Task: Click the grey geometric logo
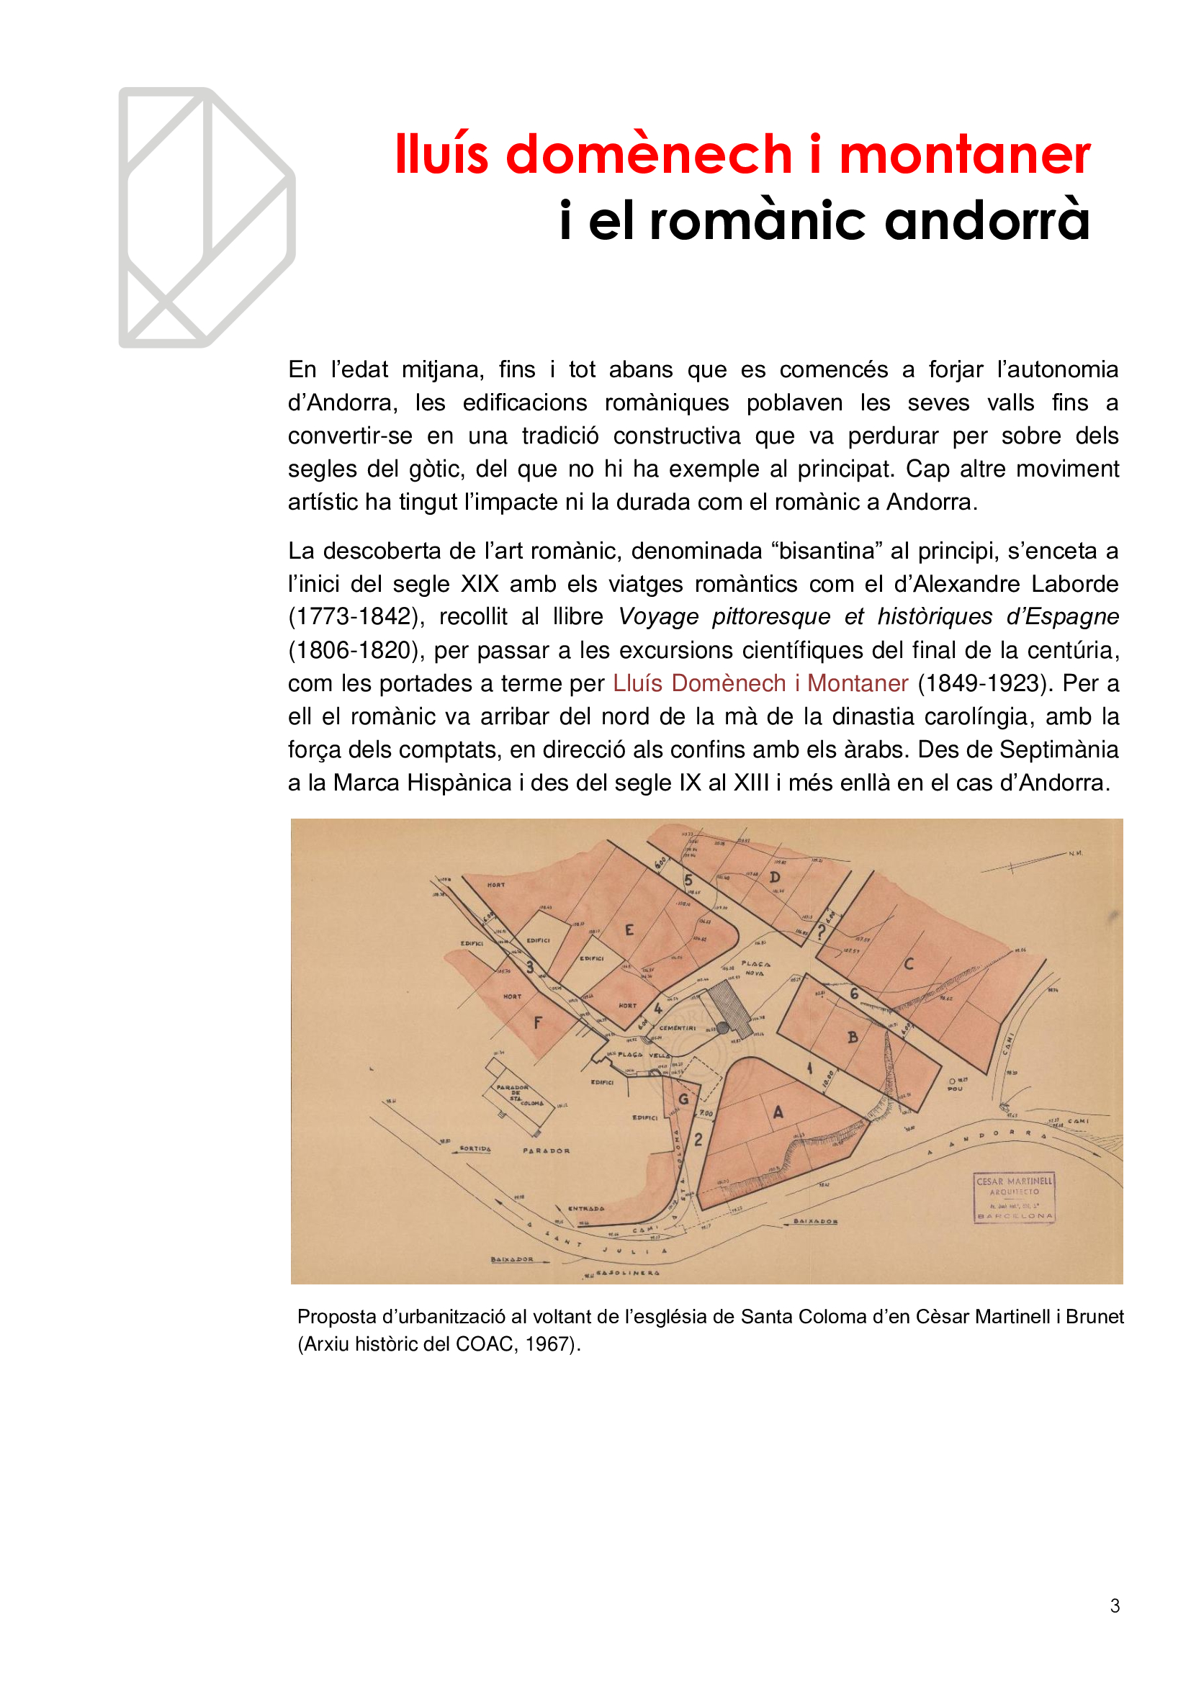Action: (x=207, y=217)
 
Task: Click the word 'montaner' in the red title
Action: (x=963, y=155)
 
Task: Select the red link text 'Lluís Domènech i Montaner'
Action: (x=760, y=683)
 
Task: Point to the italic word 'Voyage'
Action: (x=658, y=617)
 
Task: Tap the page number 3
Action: (x=1115, y=1606)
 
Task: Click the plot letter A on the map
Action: (x=778, y=1112)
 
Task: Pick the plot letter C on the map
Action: (x=909, y=964)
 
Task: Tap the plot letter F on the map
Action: (x=538, y=1022)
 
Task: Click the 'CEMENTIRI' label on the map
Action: (x=677, y=1027)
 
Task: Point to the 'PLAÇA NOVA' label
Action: (x=755, y=968)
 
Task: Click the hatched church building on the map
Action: (x=726, y=1009)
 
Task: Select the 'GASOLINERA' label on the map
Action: (x=628, y=1274)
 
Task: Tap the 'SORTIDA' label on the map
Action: (x=475, y=1148)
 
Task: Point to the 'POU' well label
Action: (x=954, y=1089)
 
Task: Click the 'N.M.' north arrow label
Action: (x=1075, y=853)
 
